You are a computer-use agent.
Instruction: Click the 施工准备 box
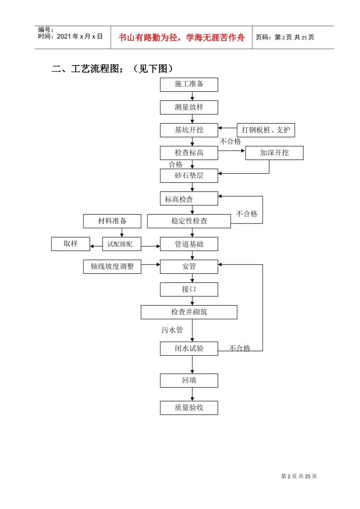pos(189,84)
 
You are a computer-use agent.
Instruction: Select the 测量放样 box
pos(189,107)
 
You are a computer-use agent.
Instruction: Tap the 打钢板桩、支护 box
pos(266,130)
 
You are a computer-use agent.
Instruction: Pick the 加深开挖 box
pos(274,153)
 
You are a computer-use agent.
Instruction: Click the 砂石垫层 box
pos(189,175)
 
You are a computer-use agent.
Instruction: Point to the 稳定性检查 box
pos(189,221)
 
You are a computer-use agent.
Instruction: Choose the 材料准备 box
pos(112,221)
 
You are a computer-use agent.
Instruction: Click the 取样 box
pos(70,244)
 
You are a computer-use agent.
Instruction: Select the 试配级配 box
pos(121,244)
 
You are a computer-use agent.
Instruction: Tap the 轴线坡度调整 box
pos(112,267)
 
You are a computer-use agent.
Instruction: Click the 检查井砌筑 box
pos(189,312)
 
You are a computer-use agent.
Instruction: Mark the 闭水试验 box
pos(189,348)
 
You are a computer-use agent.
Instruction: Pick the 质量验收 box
pos(189,408)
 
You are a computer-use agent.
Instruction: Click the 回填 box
pos(189,380)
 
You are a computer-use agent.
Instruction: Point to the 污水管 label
pos(172,330)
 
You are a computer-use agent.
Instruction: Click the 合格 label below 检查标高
pos(176,164)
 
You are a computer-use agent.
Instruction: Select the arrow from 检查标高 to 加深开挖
pos(232,151)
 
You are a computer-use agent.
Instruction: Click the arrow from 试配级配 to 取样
pos(96,246)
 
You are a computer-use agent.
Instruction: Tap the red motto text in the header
pos(181,37)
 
